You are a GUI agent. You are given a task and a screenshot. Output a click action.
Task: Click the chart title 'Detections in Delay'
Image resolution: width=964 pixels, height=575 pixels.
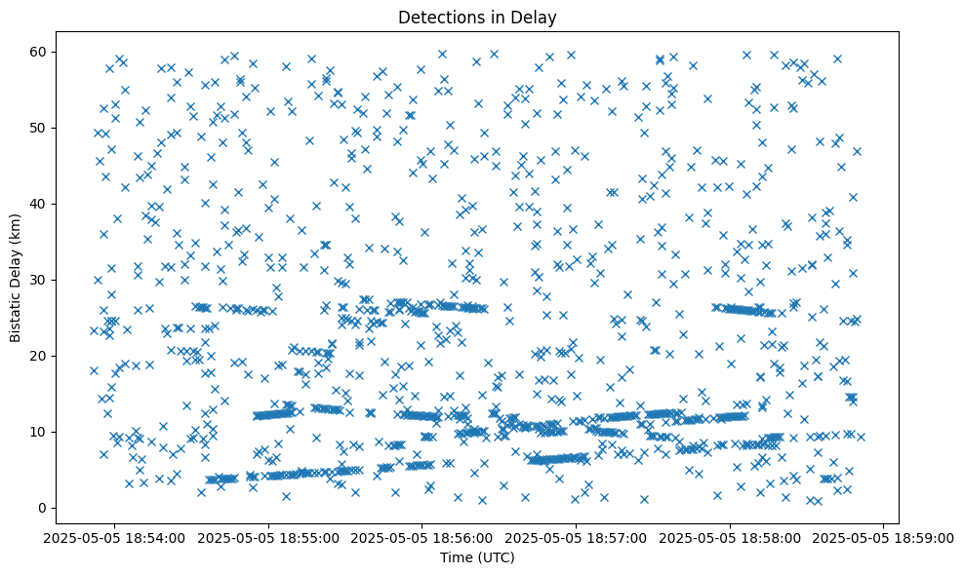click(x=477, y=17)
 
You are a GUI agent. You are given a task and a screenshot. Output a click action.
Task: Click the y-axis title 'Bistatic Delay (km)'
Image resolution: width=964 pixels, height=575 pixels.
click(x=17, y=276)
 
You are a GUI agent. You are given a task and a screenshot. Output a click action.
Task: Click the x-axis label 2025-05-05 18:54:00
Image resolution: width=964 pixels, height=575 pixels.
click(x=114, y=537)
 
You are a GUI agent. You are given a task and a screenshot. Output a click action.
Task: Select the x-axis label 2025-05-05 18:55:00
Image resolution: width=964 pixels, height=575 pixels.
click(x=268, y=537)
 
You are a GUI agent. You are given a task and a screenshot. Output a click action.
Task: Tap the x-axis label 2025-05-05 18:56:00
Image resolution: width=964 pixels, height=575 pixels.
click(x=422, y=537)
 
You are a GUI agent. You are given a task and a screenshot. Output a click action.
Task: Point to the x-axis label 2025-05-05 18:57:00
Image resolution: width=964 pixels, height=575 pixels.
click(x=576, y=537)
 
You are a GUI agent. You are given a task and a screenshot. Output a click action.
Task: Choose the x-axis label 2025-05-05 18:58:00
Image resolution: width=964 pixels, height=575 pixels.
click(x=730, y=537)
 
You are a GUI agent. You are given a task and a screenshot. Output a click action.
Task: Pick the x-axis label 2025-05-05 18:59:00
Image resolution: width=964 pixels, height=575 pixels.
click(x=884, y=537)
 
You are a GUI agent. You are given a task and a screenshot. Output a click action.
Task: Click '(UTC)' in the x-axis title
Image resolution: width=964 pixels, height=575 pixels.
click(x=495, y=557)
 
